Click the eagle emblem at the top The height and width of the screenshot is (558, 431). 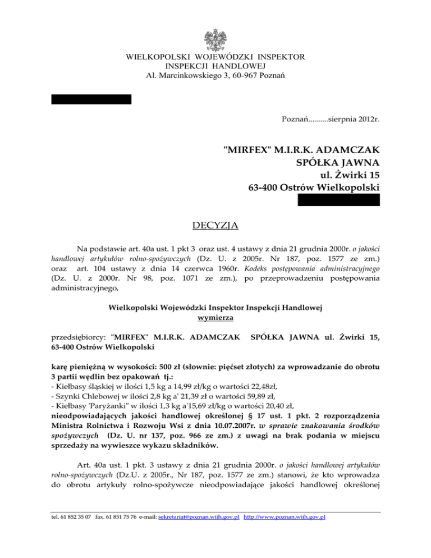215,38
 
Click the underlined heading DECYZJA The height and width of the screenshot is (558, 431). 215,226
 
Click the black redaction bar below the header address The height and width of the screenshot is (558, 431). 91,99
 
